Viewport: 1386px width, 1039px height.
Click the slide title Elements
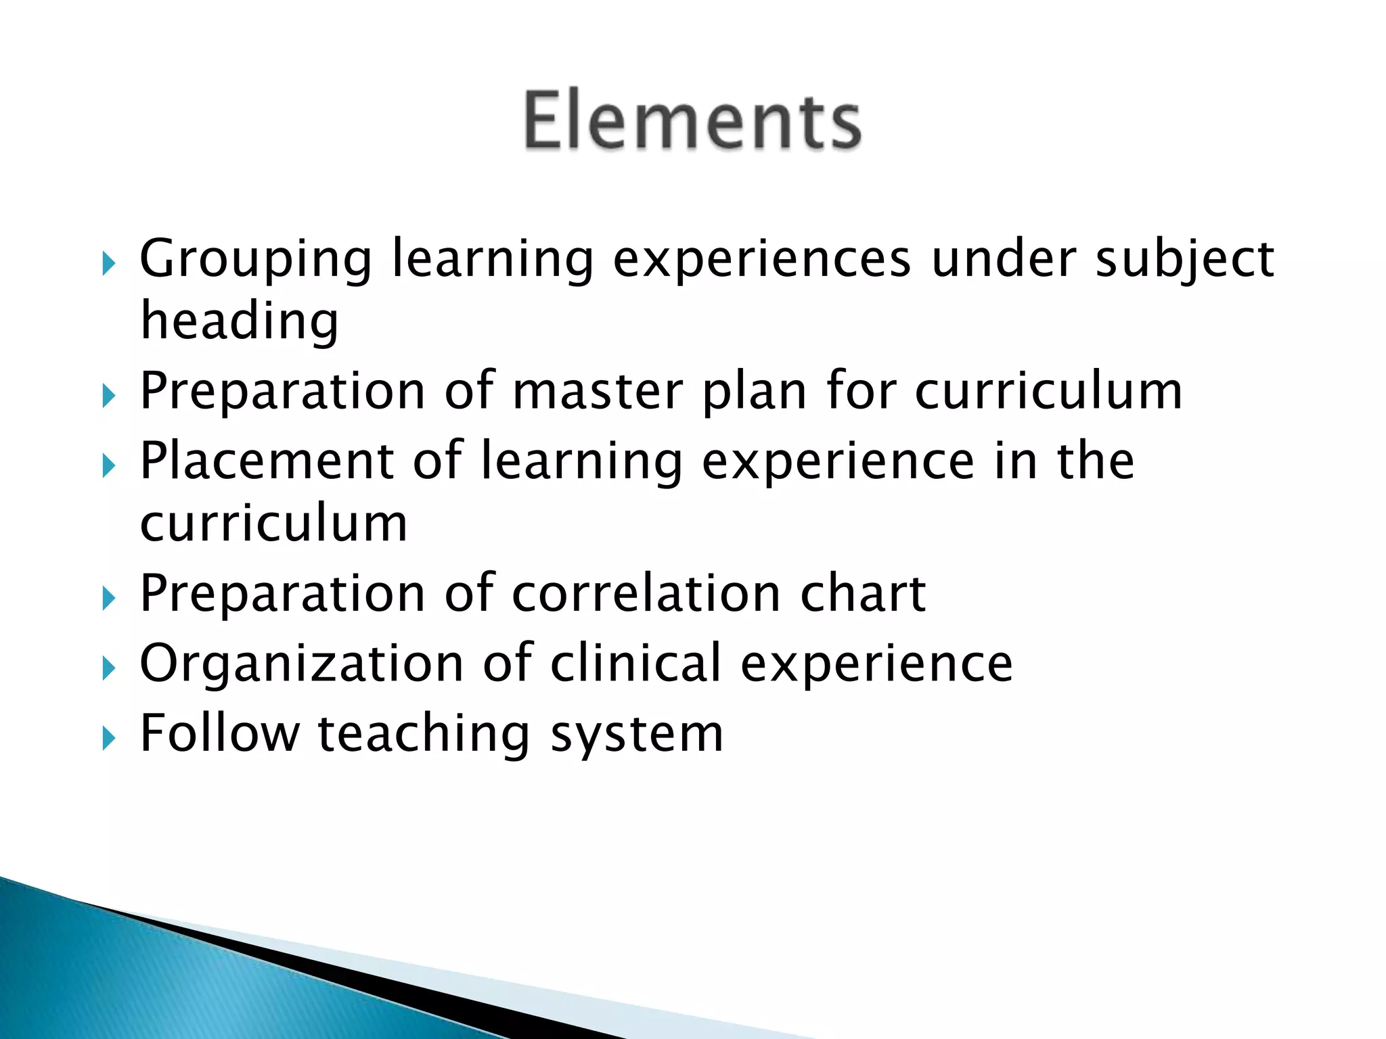click(x=692, y=120)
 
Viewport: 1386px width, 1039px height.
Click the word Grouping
click(x=256, y=260)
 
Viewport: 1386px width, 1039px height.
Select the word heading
click(x=239, y=321)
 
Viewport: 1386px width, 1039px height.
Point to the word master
click(x=598, y=392)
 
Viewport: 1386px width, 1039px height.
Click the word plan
click(x=755, y=393)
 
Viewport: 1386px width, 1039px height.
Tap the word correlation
click(x=646, y=594)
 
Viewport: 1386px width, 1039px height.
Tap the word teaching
click(x=424, y=735)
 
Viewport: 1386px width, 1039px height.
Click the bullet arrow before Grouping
click(x=108, y=263)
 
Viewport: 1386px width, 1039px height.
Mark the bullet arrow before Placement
click(x=108, y=465)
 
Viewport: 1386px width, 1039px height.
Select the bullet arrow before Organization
click(x=108, y=668)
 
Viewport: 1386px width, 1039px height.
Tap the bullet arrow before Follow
click(x=108, y=738)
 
